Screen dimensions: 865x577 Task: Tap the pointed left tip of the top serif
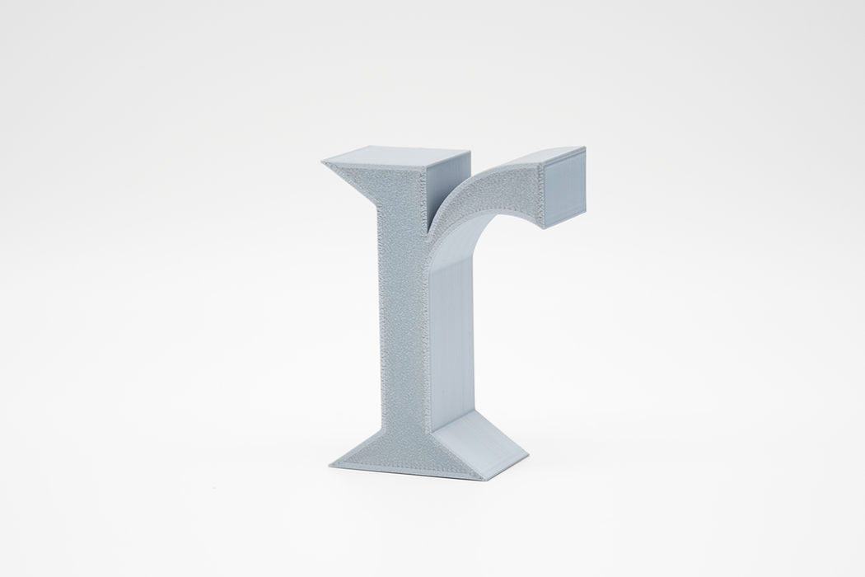coord(321,162)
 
